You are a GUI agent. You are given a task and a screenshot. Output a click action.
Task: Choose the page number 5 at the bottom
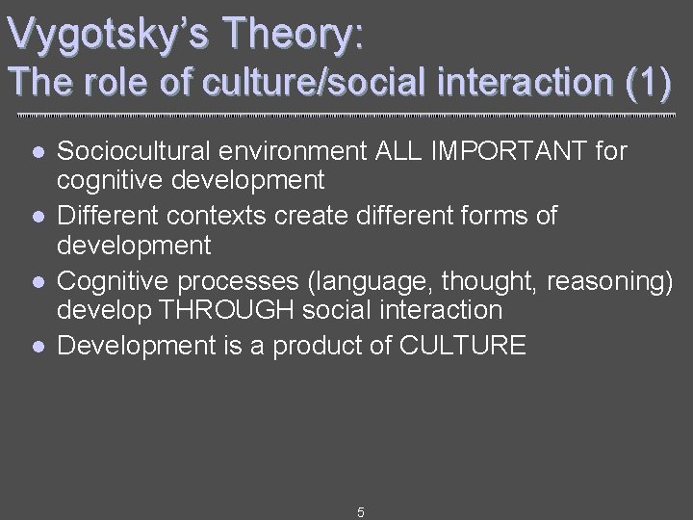coord(360,512)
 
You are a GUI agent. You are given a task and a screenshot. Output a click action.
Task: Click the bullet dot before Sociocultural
coord(37,151)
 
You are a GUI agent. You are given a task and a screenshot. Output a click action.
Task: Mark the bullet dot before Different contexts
coord(37,216)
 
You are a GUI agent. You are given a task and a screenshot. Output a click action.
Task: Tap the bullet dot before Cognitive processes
coord(37,280)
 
